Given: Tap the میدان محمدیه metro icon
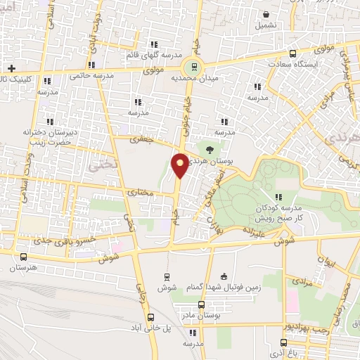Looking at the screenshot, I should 191,67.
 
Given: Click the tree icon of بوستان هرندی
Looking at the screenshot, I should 210,148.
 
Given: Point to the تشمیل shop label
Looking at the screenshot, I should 266,25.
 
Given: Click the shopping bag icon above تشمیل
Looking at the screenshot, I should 266,13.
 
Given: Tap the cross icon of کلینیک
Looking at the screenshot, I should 11,68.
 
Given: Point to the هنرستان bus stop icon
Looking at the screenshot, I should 25,257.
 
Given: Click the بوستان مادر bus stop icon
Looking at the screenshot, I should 202,305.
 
